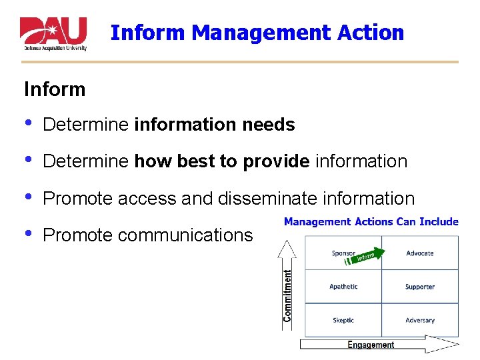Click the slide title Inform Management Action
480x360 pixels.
[257, 32]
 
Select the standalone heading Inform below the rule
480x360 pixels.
[55, 89]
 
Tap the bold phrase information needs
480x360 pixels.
[214, 125]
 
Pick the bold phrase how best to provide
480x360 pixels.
[222, 161]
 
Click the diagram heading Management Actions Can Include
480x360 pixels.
[371, 221]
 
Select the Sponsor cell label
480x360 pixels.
[343, 253]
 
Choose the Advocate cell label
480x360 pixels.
[420, 253]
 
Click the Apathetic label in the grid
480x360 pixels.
[343, 287]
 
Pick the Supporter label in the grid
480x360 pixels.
[420, 287]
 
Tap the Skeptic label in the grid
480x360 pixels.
[343, 320]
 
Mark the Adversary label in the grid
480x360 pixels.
[420, 320]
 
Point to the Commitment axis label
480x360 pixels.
[288, 295]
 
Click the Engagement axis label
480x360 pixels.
[371, 345]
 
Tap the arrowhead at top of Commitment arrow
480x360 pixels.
[287, 245]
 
